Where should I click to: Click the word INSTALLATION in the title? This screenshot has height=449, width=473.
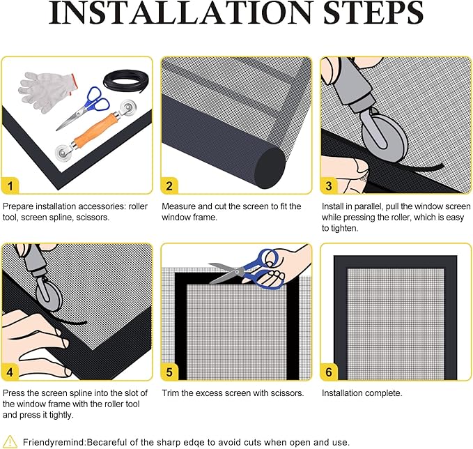tap(180, 13)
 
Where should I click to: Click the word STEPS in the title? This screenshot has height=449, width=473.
tap(373, 13)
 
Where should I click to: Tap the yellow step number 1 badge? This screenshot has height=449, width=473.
tap(10, 185)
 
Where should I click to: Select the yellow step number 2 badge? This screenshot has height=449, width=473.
tap(169, 185)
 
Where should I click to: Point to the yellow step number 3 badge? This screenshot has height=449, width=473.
tap(329, 185)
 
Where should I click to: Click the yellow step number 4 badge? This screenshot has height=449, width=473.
tap(10, 372)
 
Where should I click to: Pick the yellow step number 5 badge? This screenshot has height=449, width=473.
tap(169, 372)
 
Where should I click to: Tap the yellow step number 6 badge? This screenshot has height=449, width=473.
tap(329, 372)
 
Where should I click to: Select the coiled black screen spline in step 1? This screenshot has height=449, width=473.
tap(126, 80)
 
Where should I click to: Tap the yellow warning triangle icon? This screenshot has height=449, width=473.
tap(10, 441)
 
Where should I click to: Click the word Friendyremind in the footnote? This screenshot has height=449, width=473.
tap(54, 443)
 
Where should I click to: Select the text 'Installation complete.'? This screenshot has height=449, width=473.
tap(362, 393)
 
